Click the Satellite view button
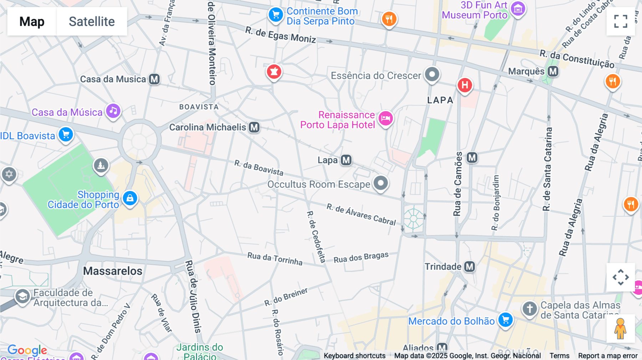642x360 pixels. (x=92, y=21)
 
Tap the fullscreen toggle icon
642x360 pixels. (x=621, y=21)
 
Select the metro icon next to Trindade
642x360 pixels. (x=469, y=267)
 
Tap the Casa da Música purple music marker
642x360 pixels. (x=113, y=111)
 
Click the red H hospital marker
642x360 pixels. (x=465, y=85)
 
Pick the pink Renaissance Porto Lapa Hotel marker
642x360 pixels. (x=386, y=118)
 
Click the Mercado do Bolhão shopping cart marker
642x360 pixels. (x=505, y=320)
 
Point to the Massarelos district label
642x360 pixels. (x=113, y=271)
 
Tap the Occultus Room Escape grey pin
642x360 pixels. (x=381, y=183)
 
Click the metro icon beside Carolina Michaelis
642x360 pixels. (x=254, y=127)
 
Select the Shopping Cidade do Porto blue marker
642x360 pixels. (x=130, y=198)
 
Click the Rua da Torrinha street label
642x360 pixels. (x=275, y=259)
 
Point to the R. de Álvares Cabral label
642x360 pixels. (x=361, y=214)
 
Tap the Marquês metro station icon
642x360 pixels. (x=553, y=71)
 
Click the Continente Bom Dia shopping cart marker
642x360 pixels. (x=276, y=15)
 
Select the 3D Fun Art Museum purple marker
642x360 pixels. (x=518, y=9)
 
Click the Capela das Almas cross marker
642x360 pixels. (x=529, y=309)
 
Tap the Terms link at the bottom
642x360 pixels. (x=559, y=356)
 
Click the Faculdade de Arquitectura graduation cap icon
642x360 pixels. (x=22, y=296)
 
